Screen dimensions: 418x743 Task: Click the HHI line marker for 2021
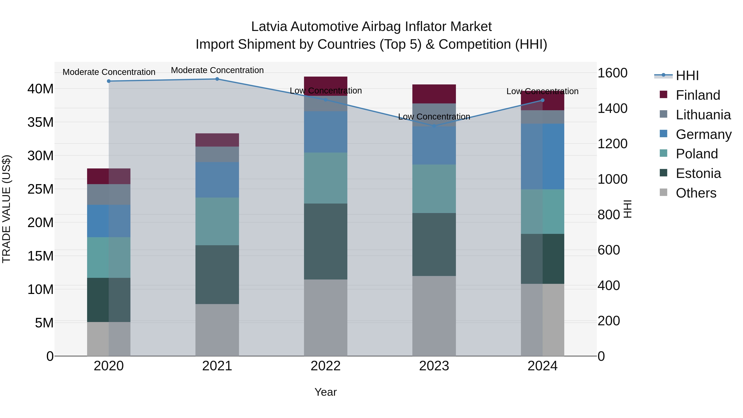pyautogui.click(x=217, y=79)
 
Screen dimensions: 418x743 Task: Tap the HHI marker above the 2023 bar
pyautogui.click(x=434, y=126)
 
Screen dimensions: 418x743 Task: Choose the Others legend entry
pyautogui.click(x=696, y=193)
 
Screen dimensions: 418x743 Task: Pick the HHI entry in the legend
pyautogui.click(x=687, y=76)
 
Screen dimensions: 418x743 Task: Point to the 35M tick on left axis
pyautogui.click(x=40, y=122)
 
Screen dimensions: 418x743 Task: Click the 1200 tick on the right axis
pyautogui.click(x=612, y=144)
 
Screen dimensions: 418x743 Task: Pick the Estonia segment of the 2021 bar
pyautogui.click(x=217, y=274)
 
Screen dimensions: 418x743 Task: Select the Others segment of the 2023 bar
pyautogui.click(x=434, y=316)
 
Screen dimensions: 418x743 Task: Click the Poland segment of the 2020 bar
pyautogui.click(x=109, y=257)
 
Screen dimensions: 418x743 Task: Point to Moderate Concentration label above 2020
pyautogui.click(x=109, y=72)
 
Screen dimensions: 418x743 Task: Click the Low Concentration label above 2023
pyautogui.click(x=434, y=117)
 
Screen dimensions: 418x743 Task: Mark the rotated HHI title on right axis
pyautogui.click(x=628, y=209)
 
